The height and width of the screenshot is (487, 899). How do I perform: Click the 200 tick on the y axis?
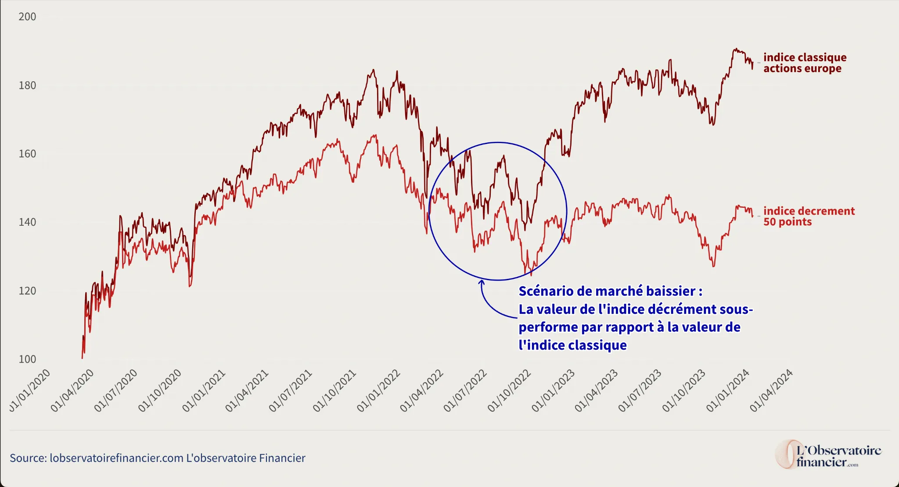click(27, 17)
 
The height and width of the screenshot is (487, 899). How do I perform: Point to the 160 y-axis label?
click(27, 154)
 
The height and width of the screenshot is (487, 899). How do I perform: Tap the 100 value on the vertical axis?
click(27, 359)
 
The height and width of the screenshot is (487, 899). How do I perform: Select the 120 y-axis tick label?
click(27, 291)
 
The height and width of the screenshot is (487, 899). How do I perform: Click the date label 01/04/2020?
click(72, 390)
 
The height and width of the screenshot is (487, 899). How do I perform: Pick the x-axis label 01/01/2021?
click(204, 390)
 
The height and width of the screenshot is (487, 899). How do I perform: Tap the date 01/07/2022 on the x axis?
click(465, 390)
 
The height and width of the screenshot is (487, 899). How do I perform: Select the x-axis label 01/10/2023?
click(684, 390)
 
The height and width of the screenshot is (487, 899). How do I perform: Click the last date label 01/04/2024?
click(771, 390)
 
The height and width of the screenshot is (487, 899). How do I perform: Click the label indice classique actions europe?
click(804, 63)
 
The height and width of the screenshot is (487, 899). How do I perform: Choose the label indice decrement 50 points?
click(809, 216)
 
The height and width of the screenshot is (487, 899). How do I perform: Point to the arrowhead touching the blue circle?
click(482, 282)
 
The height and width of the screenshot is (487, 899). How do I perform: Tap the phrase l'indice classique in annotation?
click(572, 345)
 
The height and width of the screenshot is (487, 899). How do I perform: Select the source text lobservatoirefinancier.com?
click(116, 458)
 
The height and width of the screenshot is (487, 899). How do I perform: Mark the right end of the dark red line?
click(752, 67)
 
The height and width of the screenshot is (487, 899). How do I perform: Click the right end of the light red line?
click(752, 216)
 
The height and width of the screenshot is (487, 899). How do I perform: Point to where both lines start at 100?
click(82, 358)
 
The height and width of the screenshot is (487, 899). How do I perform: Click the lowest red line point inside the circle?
click(531, 275)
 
